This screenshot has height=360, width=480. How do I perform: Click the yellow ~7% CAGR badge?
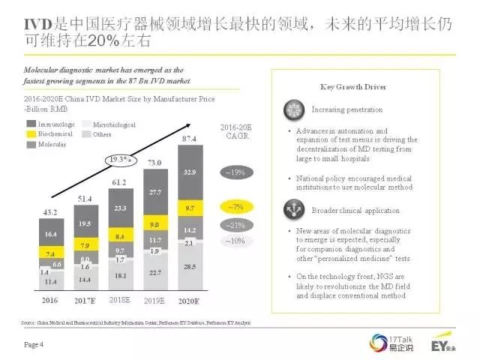coord(237,205)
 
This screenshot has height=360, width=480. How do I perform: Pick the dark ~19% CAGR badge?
coord(237,172)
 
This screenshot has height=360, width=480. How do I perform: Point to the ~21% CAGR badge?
coord(237,224)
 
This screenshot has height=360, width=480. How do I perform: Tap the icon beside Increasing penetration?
coord(293,109)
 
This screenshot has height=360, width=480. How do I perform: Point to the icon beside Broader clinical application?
coord(293,208)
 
